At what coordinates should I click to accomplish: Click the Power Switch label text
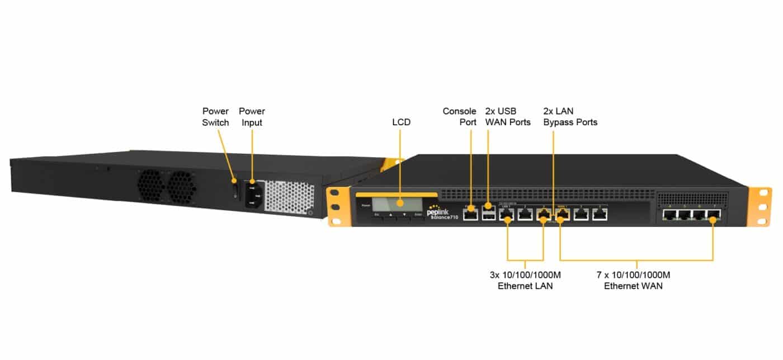click(x=215, y=117)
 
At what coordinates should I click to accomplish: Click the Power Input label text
click(x=252, y=117)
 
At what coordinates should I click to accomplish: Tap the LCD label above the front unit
click(x=401, y=122)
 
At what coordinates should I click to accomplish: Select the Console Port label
click(x=459, y=117)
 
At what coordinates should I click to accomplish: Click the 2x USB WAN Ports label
click(x=507, y=117)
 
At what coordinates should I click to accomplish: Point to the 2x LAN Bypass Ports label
click(x=570, y=117)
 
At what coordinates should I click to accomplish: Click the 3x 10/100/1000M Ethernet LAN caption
click(x=525, y=281)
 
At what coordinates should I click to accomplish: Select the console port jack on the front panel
click(x=470, y=214)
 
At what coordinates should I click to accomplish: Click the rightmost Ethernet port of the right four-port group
click(x=713, y=215)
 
